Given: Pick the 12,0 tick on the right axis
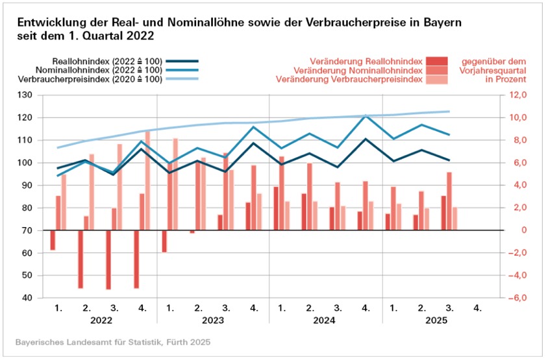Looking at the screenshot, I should [x=517, y=95].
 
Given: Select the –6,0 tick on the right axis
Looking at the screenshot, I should [x=516, y=298].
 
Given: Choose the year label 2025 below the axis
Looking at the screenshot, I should [x=436, y=320].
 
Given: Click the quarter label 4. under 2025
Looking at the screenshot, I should [x=478, y=307].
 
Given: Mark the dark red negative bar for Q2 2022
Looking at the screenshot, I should [x=81, y=259].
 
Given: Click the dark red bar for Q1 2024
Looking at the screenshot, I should [x=276, y=208].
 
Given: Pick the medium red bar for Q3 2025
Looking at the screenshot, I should [x=449, y=201].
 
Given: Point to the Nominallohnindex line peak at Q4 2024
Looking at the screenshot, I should [x=366, y=116].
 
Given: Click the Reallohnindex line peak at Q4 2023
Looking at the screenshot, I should [x=254, y=143].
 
